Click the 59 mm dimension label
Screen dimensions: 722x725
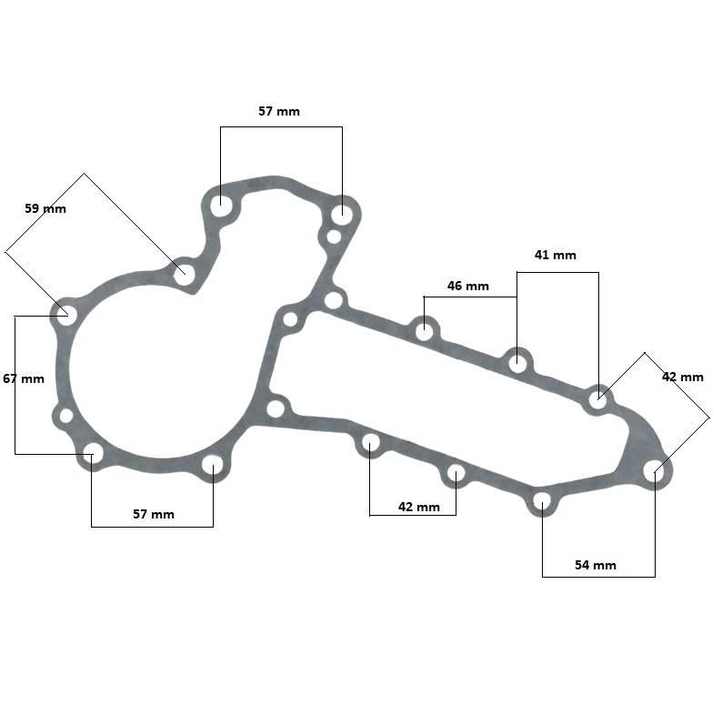[45, 208]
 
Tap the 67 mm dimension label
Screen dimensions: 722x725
[24, 378]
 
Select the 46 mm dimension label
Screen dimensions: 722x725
[467, 286]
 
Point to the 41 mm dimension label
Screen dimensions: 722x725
[555, 255]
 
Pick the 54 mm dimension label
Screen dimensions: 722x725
[596, 565]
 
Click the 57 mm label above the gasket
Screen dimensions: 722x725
[279, 111]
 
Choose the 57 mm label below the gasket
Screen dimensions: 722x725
[154, 514]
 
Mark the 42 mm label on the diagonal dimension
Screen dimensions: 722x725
[683, 377]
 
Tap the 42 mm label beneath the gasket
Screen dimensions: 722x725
[419, 507]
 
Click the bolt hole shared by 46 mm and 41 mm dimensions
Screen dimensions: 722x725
[517, 362]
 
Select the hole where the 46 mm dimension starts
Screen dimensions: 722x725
[424, 331]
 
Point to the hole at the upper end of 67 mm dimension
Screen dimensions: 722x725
[66, 315]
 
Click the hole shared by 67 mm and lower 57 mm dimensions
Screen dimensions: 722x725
[93, 453]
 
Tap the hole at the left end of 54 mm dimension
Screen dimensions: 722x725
[542, 501]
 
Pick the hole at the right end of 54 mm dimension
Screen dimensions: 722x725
[654, 470]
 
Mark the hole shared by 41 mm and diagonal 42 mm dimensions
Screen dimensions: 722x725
[597, 398]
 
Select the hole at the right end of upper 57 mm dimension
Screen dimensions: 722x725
[342, 215]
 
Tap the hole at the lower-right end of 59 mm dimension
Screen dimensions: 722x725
[185, 275]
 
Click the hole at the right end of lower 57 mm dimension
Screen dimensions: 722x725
[213, 466]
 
